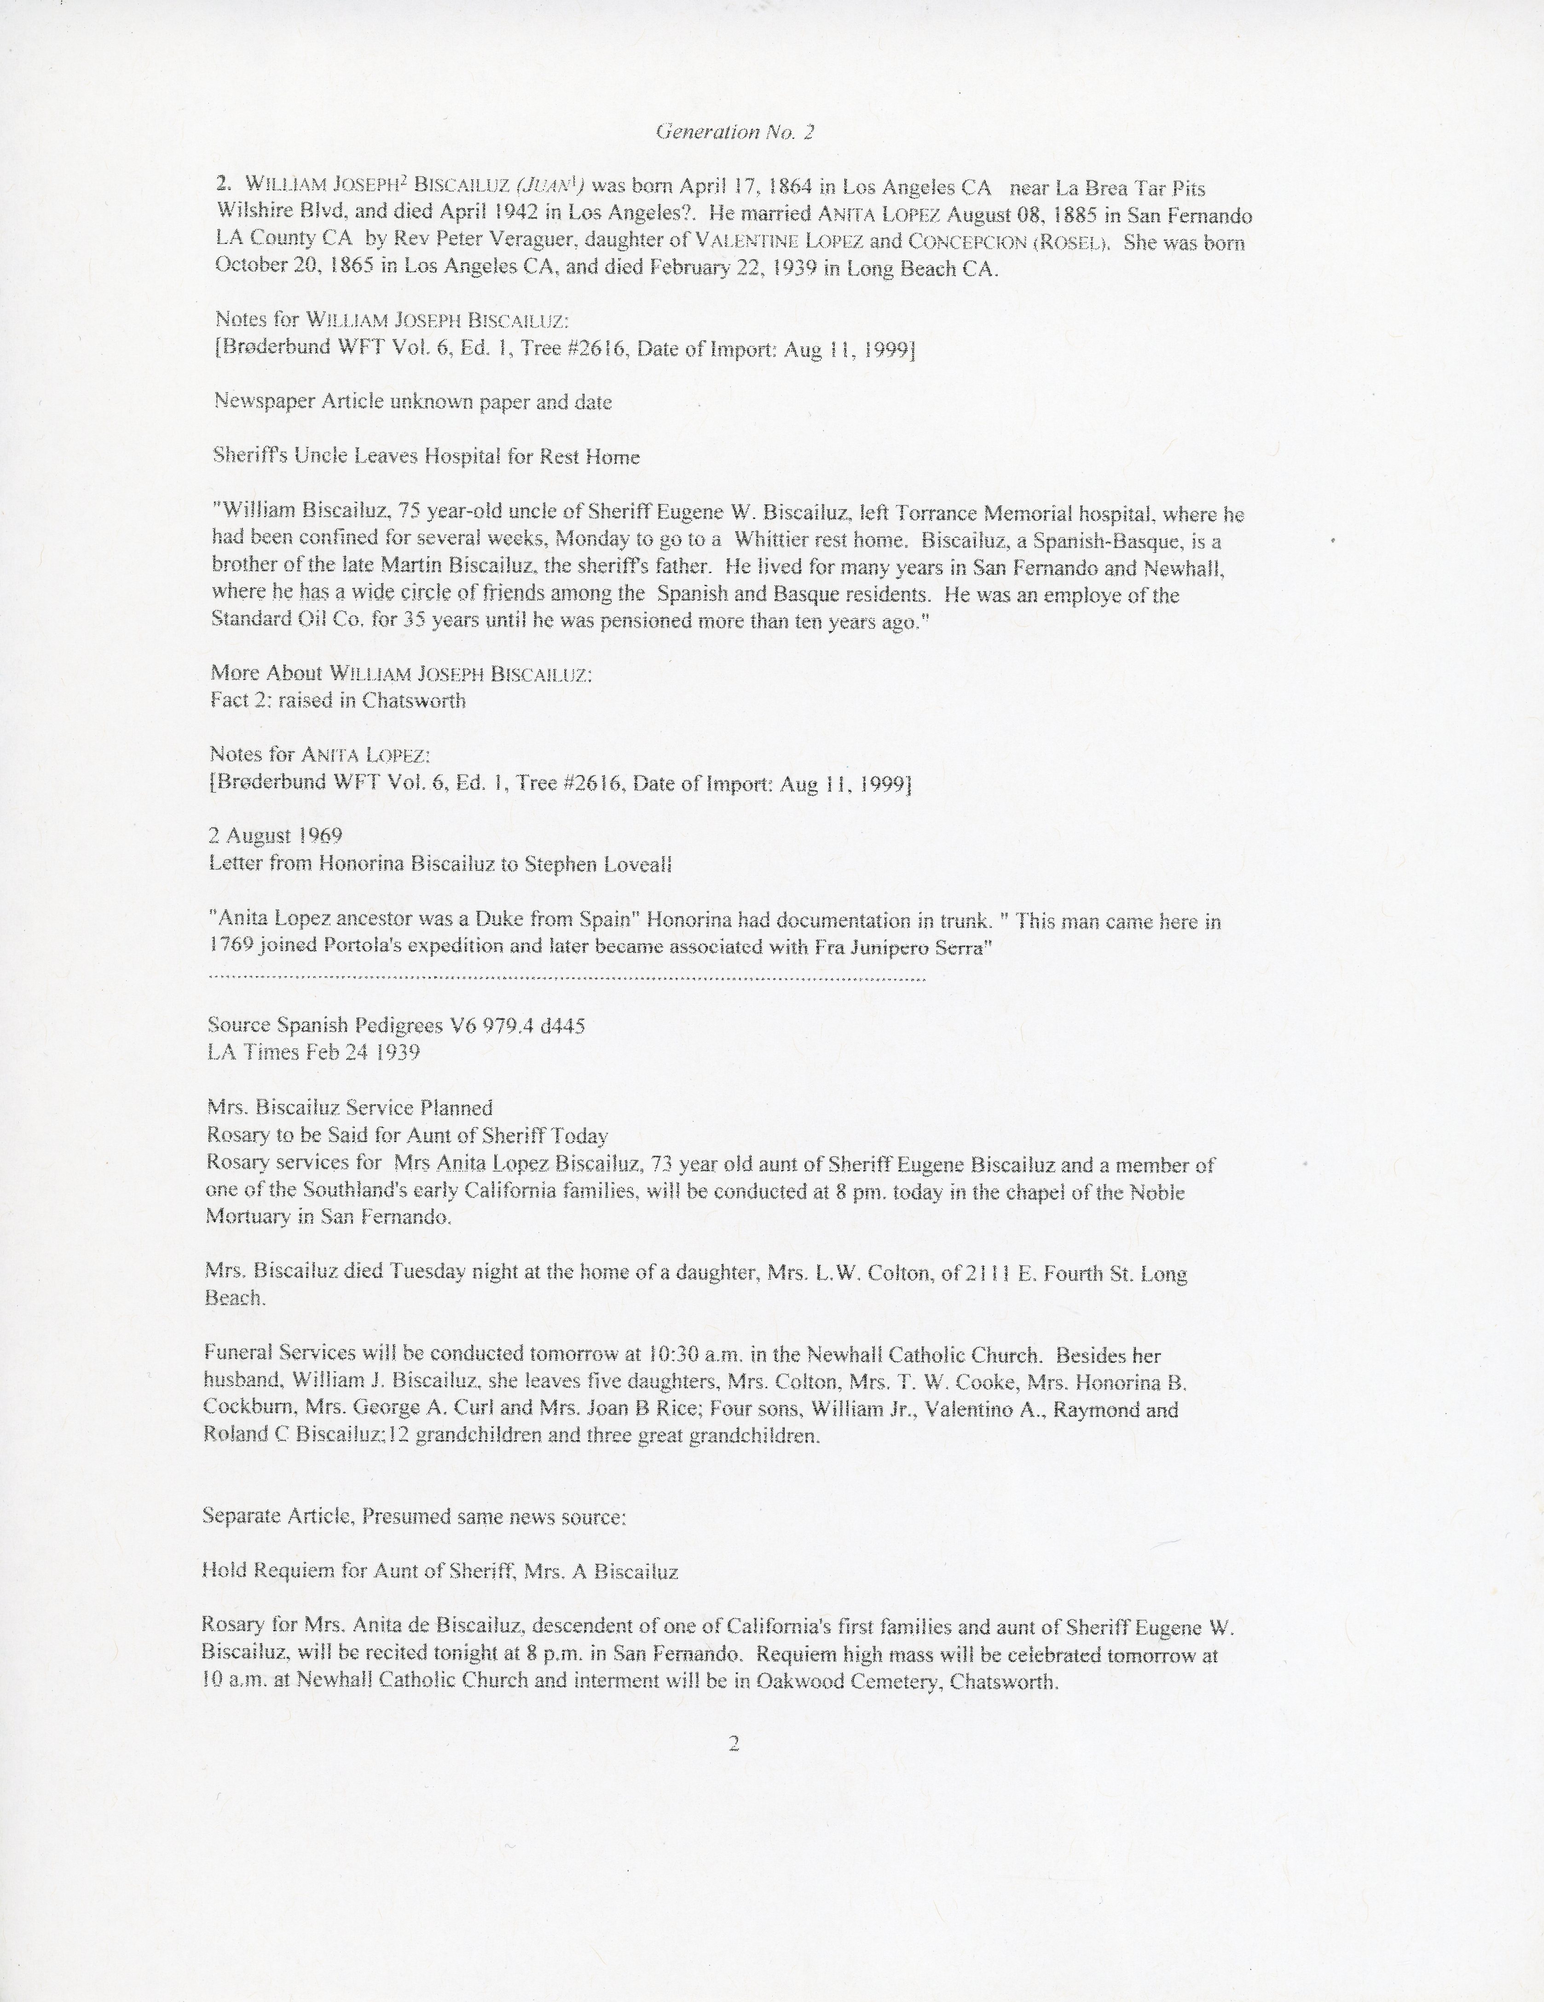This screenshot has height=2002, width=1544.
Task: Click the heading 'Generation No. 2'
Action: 734,132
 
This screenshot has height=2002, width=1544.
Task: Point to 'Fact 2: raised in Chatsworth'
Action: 337,701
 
